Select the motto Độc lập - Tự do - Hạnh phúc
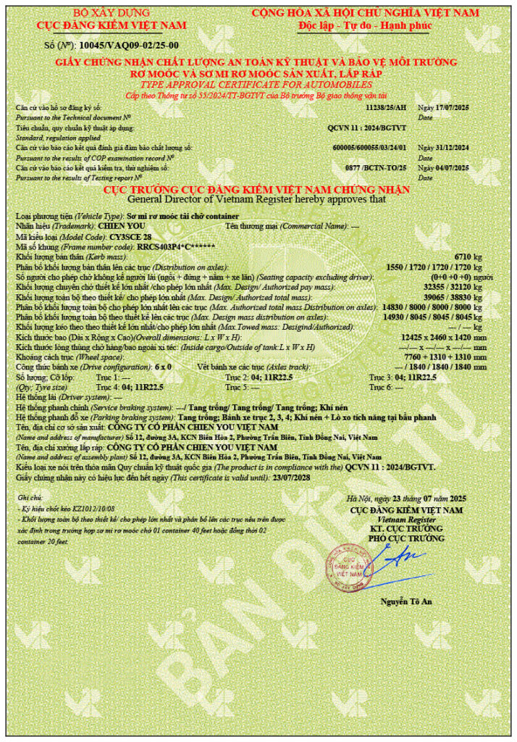tap(365, 25)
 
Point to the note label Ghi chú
tap(30, 499)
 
